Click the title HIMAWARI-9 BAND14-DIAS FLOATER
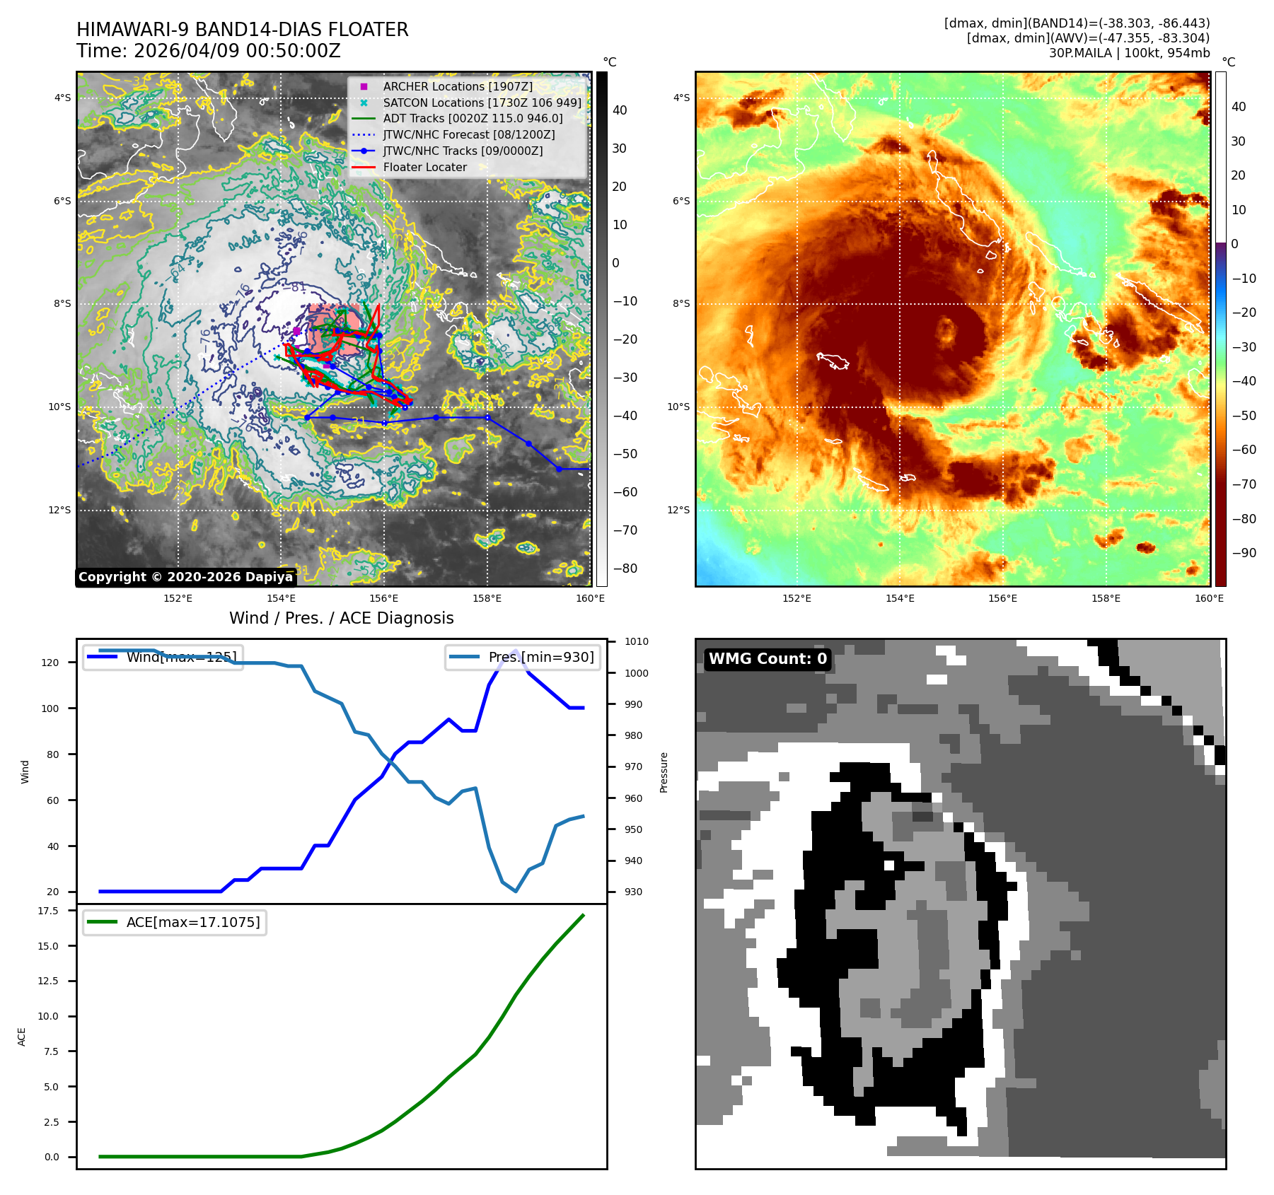(242, 30)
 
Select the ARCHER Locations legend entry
(457, 86)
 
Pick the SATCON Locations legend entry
(481, 103)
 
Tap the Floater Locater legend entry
(424, 168)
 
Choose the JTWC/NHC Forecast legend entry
(468, 134)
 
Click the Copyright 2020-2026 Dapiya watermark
(185, 577)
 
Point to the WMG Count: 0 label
(768, 659)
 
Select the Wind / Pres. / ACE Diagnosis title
(341, 618)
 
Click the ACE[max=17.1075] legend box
(175, 922)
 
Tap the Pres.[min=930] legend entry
(523, 657)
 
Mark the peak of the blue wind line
(515, 651)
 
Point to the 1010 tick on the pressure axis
(636, 641)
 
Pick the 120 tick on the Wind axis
(50, 663)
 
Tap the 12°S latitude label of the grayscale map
(59, 510)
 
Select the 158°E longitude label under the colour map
(1106, 598)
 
